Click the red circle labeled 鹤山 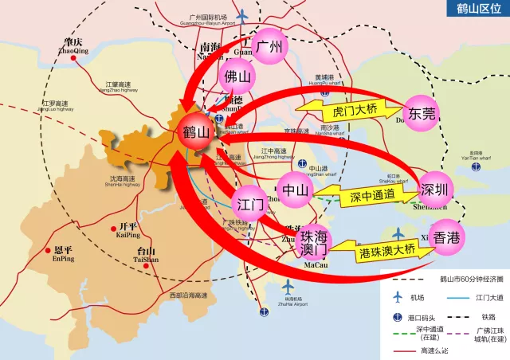pos(196,132)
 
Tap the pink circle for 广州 pos(269,47)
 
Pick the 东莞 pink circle pos(422,114)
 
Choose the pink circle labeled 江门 pos(251,205)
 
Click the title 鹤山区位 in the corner pos(478,10)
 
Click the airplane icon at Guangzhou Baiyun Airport pos(242,17)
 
